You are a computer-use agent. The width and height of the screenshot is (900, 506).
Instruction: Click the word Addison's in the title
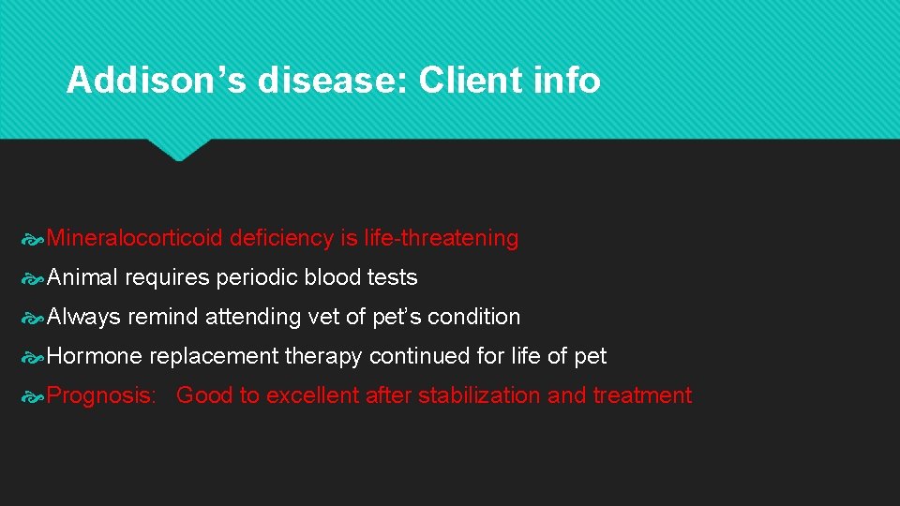pos(156,82)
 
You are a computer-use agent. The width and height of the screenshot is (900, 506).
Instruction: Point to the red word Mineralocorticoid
pos(134,239)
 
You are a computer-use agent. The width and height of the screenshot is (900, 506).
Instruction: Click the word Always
pos(83,318)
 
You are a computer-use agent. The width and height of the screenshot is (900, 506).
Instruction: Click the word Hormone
pos(94,357)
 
